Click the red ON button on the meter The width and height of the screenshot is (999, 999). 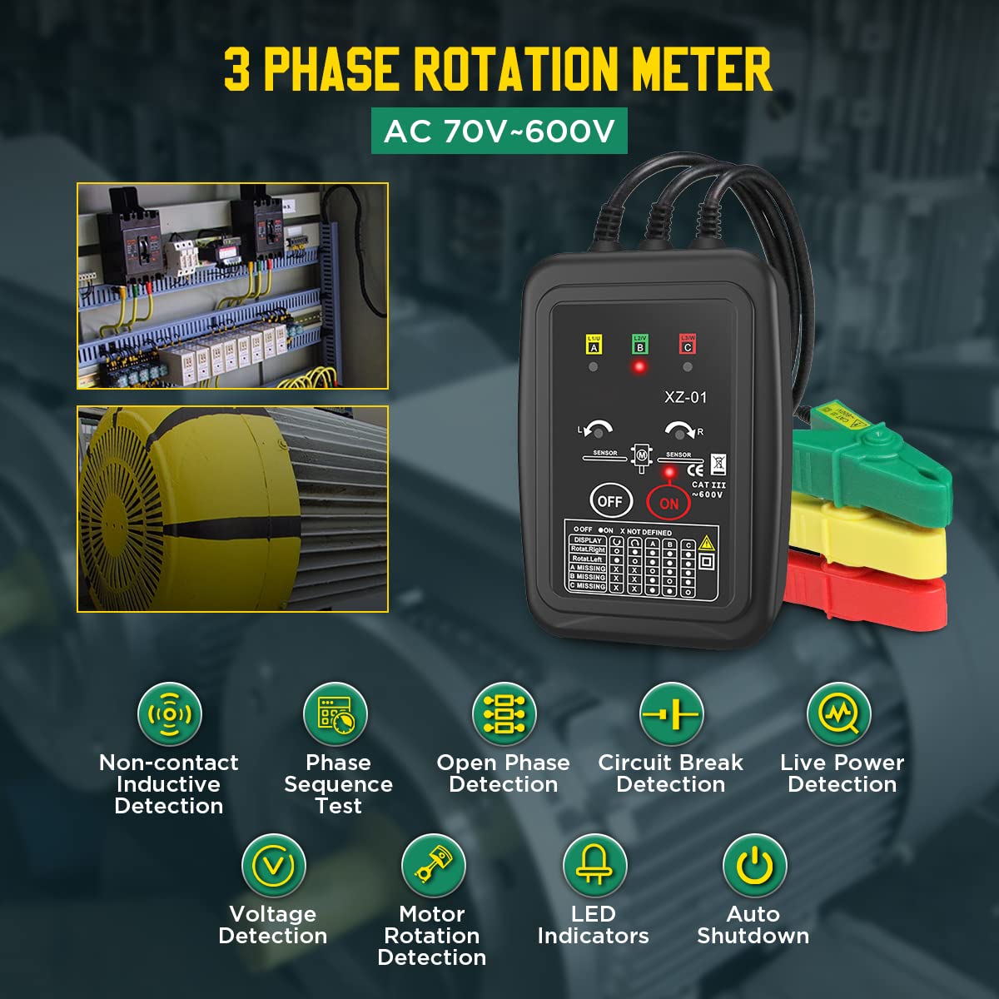point(668,503)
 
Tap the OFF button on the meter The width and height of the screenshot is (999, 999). point(609,501)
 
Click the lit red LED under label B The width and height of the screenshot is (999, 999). point(639,366)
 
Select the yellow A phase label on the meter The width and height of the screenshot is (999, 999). point(594,344)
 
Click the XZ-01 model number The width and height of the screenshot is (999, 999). point(685,397)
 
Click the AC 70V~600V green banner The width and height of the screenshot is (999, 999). point(499,131)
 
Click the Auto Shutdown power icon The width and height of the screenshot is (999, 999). point(754,866)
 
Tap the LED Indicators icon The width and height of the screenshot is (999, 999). point(594,866)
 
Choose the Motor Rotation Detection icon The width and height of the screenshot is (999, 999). point(432,866)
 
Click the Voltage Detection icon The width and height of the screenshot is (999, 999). point(273,866)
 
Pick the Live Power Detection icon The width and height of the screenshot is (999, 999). point(839,714)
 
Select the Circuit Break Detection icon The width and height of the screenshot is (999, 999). point(671,714)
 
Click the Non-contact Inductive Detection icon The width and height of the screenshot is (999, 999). point(169,714)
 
